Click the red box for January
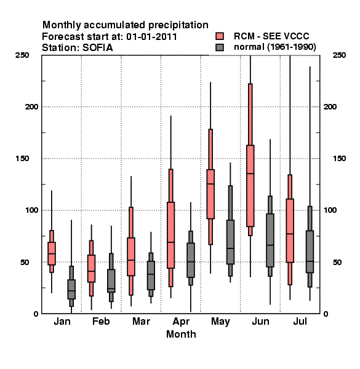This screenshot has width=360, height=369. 52,253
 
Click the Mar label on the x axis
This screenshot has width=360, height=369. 141,321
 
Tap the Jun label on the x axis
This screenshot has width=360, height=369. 260,321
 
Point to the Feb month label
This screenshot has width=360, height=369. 101,321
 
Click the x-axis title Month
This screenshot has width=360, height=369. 181,334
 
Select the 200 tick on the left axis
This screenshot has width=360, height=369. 31,106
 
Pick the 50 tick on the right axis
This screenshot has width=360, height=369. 337,262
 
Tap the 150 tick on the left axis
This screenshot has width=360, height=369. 22,158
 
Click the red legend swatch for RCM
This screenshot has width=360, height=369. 220,36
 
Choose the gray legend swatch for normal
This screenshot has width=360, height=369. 220,47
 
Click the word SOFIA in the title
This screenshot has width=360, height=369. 98,48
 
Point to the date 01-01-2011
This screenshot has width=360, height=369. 151,37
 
